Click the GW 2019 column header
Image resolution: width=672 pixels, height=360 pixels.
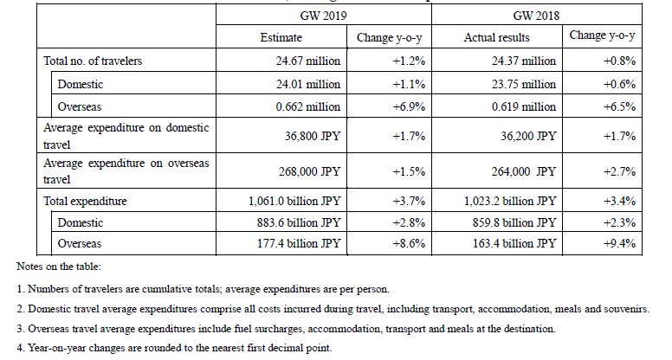[323, 16]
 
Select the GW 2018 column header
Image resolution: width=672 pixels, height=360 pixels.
[536, 16]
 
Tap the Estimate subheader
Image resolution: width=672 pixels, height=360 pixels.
[281, 38]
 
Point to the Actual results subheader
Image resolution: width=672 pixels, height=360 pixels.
[497, 38]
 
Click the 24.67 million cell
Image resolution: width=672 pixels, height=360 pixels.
[308, 61]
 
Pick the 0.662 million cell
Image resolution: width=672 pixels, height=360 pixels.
[308, 106]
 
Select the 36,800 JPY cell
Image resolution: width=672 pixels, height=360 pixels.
[313, 136]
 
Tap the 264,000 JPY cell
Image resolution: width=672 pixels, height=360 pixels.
[523, 171]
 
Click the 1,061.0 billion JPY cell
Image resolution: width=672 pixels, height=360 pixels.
[294, 201]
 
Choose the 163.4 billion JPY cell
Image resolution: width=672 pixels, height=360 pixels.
[514, 243]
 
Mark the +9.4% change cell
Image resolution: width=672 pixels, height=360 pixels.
[619, 243]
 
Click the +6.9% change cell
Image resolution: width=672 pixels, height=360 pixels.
[409, 106]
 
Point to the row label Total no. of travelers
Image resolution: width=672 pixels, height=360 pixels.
[93, 61]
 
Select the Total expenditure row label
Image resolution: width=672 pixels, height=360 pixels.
[85, 201]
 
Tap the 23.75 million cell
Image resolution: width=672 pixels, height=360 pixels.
[524, 84]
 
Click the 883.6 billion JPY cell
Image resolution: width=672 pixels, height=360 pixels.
[299, 222]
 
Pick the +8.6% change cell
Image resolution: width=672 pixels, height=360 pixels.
[409, 243]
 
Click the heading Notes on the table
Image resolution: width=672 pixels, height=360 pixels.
[59, 267]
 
